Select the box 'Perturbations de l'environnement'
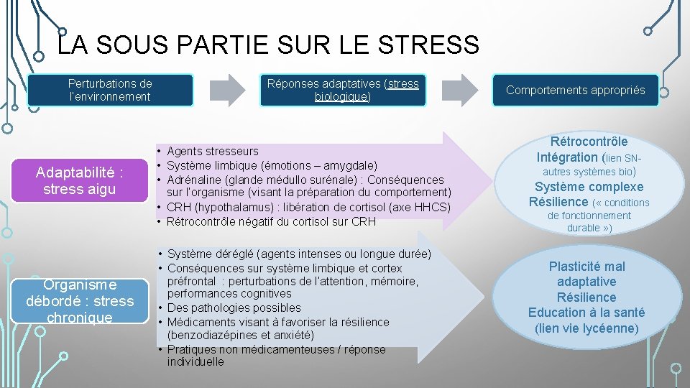click(x=110, y=91)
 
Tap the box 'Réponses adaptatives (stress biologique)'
click(x=343, y=91)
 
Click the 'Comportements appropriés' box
click(x=575, y=91)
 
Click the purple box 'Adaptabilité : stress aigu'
click(x=79, y=181)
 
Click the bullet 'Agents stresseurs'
click(x=213, y=151)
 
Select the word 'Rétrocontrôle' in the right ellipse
click(x=589, y=142)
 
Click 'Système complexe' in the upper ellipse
click(x=589, y=187)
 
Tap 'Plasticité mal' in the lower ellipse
click(x=586, y=267)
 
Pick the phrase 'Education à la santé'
click(x=586, y=313)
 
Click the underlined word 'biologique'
click(x=341, y=96)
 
